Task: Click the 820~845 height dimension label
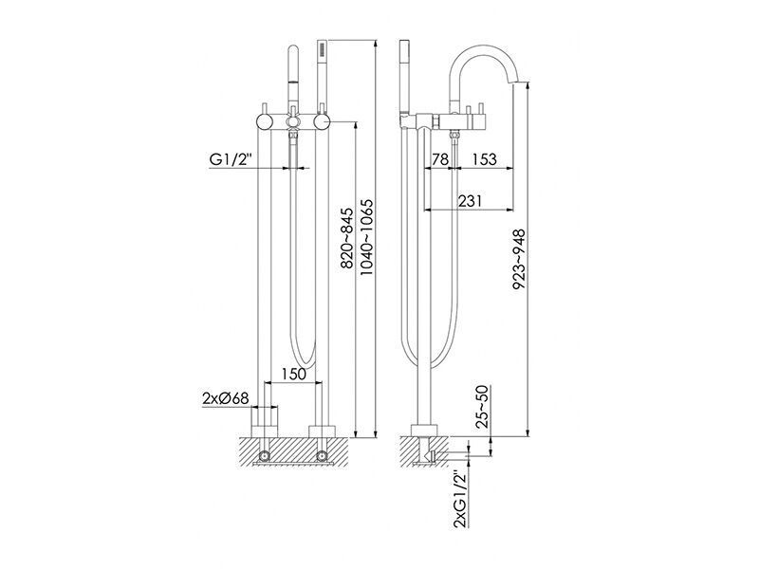click(347, 239)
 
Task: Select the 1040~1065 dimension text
click(367, 237)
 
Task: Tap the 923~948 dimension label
click(519, 260)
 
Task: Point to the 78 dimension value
click(439, 159)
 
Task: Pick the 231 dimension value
click(470, 201)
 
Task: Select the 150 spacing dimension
click(293, 374)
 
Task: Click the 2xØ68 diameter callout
click(226, 398)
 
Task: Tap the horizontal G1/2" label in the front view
click(231, 158)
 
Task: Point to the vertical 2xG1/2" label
click(460, 499)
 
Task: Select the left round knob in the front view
click(265, 121)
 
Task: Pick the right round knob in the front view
click(322, 121)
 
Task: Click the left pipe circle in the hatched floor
click(265, 455)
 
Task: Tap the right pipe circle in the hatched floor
click(322, 455)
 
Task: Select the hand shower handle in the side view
click(405, 78)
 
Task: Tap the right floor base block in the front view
click(322, 431)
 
